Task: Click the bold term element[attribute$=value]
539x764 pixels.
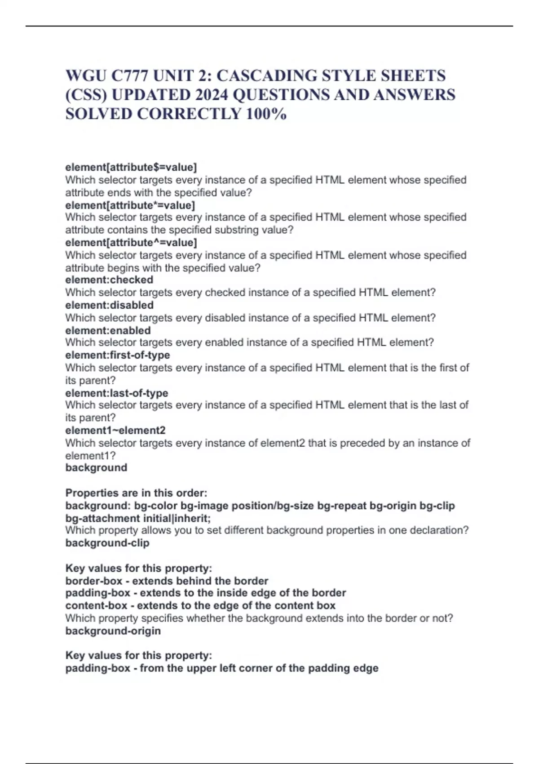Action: coord(131,167)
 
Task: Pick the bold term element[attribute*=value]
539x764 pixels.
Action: coord(130,205)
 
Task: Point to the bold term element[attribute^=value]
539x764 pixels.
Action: coord(131,243)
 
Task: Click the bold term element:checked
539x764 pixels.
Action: coord(109,280)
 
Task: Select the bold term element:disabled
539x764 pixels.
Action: coord(109,305)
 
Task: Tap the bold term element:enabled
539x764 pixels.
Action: coord(108,330)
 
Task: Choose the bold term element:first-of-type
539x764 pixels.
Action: coord(117,355)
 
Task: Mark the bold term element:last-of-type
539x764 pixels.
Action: coord(116,393)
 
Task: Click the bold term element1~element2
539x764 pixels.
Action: coord(115,431)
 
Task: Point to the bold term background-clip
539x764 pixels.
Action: coord(107,543)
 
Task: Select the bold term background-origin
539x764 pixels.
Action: coord(113,631)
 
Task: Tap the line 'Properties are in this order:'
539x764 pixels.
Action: coord(136,493)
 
